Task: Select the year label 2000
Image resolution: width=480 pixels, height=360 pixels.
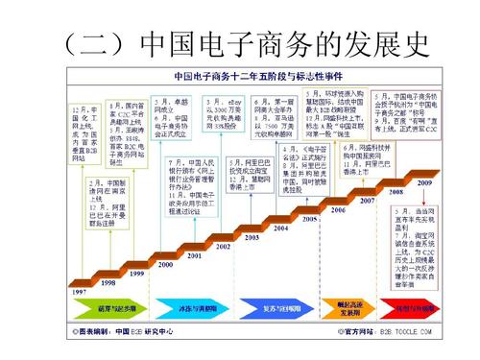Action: [164, 263]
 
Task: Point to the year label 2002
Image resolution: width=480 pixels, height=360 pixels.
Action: [223, 247]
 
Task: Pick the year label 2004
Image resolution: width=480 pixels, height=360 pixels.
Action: [280, 228]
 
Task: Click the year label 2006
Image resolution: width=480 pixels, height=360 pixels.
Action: [338, 208]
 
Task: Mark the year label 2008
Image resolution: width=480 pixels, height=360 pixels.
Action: [396, 191]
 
